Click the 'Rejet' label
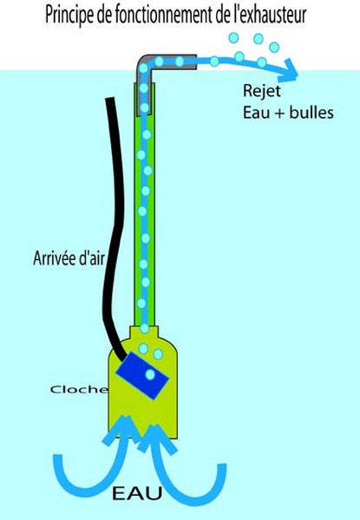[x=262, y=91]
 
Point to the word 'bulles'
[x=311, y=113]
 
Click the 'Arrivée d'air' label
[x=69, y=257]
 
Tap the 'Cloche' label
[x=79, y=389]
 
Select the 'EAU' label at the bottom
[x=137, y=493]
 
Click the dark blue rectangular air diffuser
[x=142, y=376]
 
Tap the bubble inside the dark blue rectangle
[x=150, y=374]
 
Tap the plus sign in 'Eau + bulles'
[x=279, y=114]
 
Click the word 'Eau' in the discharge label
[x=257, y=113]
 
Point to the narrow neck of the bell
[x=144, y=334]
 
